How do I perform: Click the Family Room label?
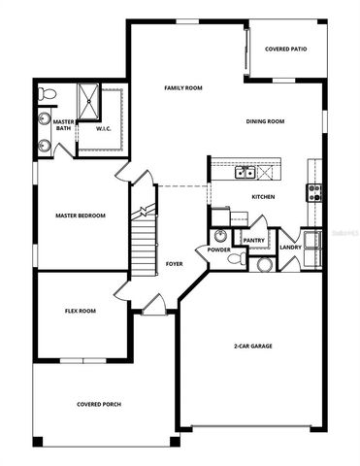pos(182,88)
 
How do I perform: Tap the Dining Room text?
pos(264,121)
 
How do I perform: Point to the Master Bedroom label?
pos(80,216)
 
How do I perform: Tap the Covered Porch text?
pos(99,404)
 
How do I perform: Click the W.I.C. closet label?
pos(104,128)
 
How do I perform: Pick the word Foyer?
pos(175,263)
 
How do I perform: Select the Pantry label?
pos(254,240)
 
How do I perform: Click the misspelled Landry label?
pos(290,247)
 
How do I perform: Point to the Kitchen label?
pos(263,197)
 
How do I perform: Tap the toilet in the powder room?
pos(262,263)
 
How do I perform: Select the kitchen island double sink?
pos(245,173)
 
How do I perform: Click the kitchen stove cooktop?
pos(315,191)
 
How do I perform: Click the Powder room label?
pos(218,250)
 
